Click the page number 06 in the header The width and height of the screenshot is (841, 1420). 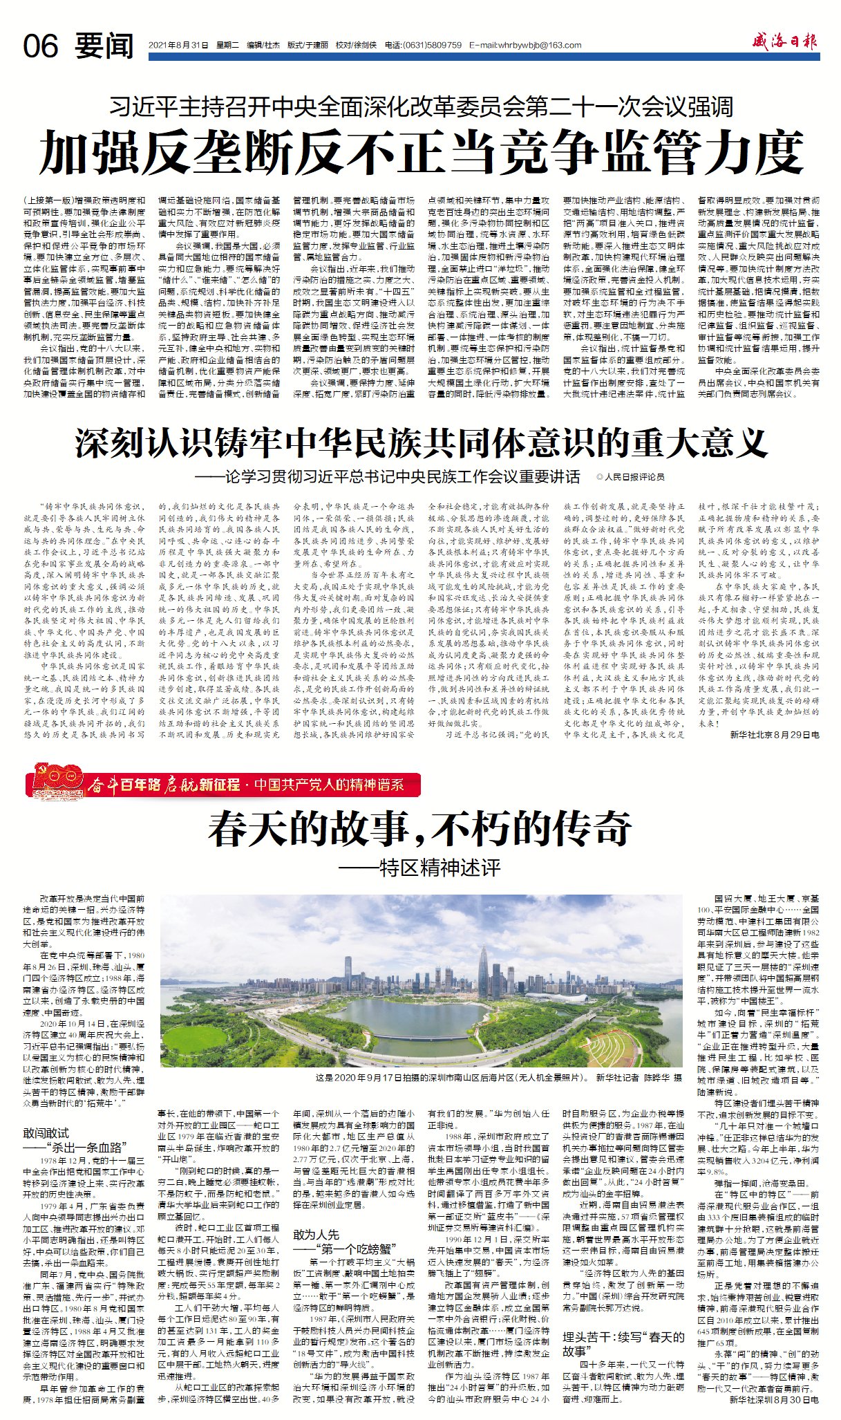[40, 46]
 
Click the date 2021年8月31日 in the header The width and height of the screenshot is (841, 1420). [178, 46]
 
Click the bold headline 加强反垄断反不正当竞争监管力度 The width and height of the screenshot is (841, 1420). [422, 153]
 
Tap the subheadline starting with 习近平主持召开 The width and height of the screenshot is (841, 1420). [422, 106]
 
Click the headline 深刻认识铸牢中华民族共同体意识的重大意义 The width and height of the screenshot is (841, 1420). [422, 444]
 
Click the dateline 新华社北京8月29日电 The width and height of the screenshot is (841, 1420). [775, 735]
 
